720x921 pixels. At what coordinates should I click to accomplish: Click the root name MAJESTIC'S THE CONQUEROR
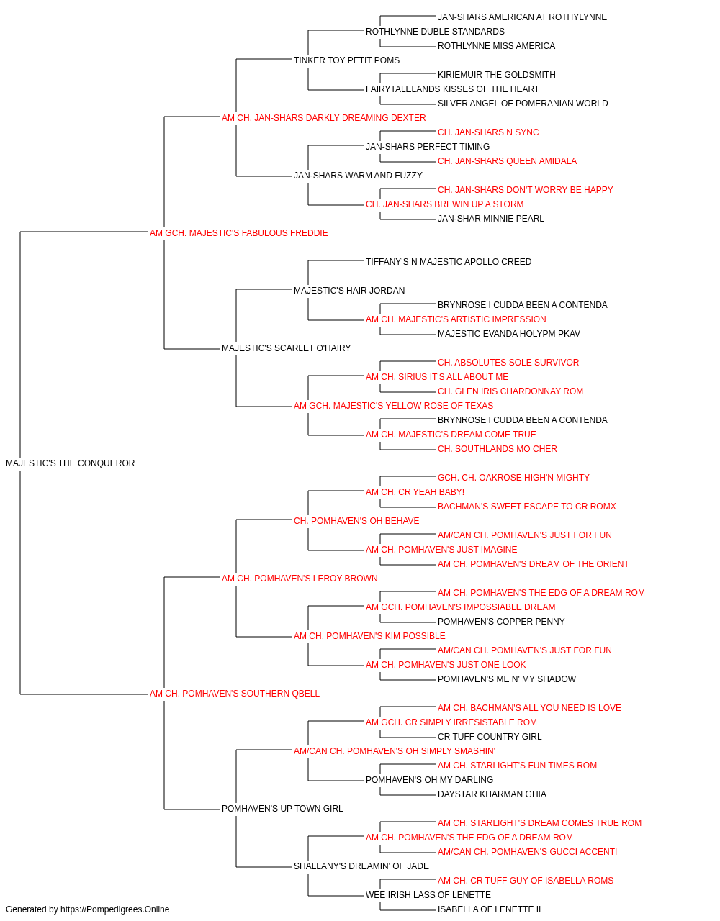tap(71, 463)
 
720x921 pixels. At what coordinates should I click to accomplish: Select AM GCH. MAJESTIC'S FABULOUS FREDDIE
tap(239, 233)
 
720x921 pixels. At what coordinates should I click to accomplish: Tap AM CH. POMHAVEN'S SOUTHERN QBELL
tap(235, 694)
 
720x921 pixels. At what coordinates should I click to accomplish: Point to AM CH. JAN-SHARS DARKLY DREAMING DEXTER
tap(323, 118)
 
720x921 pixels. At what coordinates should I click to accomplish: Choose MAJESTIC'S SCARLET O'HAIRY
tap(287, 348)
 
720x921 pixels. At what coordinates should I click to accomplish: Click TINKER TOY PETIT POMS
tap(346, 60)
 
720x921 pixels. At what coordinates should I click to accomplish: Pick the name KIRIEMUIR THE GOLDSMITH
tap(497, 75)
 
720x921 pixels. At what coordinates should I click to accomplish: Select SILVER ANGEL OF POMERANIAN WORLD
tap(523, 104)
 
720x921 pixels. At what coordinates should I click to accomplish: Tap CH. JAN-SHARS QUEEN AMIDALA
tap(507, 161)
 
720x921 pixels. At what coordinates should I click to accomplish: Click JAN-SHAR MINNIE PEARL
tap(490, 219)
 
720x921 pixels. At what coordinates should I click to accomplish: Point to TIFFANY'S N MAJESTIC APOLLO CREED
tap(449, 262)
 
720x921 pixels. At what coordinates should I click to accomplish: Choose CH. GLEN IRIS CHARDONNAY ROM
tap(510, 391)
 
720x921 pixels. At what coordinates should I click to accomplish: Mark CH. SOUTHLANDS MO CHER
tap(498, 449)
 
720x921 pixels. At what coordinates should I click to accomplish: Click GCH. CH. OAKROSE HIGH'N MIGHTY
tap(513, 478)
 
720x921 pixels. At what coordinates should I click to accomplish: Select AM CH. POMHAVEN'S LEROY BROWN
tap(300, 579)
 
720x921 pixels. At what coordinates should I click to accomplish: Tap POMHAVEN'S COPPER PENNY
tap(501, 622)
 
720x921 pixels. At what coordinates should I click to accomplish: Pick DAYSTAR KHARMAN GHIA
tap(492, 794)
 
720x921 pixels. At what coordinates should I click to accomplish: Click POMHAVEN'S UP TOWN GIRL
tap(282, 809)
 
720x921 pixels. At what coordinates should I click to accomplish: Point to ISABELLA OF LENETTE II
tap(490, 909)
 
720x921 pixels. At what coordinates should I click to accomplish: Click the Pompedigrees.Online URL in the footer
tap(115, 909)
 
